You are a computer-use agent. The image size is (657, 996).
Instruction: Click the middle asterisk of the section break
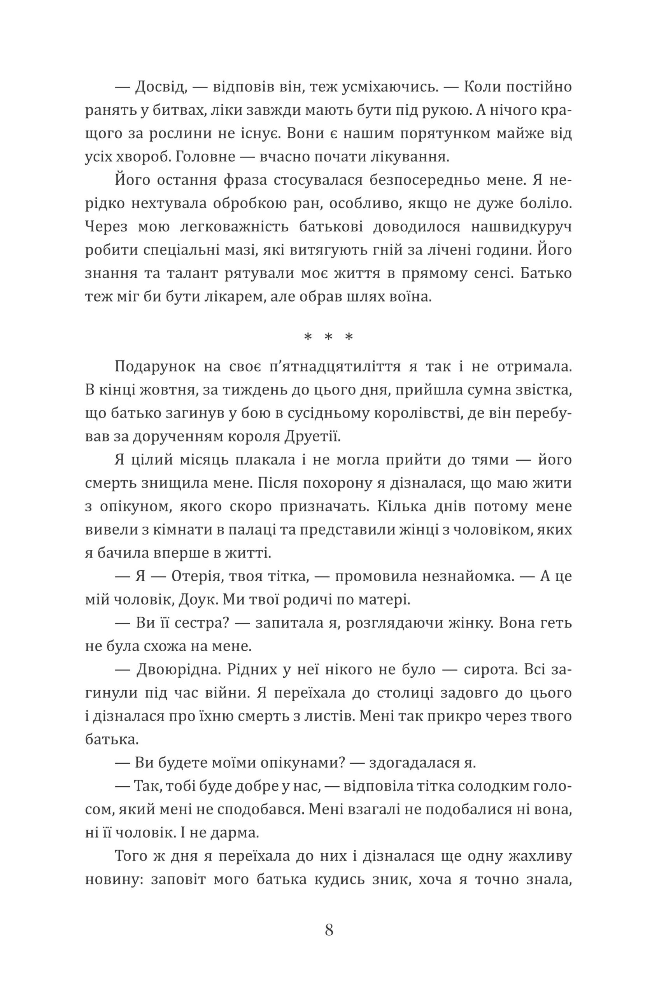[328, 337]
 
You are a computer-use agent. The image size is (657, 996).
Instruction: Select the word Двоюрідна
[178, 670]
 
